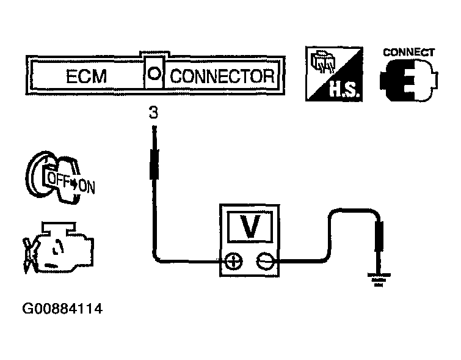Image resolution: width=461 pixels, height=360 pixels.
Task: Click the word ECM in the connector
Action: pyautogui.click(x=86, y=77)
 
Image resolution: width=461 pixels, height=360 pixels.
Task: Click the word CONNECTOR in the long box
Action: pyautogui.click(x=222, y=77)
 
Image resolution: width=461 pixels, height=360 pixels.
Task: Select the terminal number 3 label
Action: pyautogui.click(x=153, y=113)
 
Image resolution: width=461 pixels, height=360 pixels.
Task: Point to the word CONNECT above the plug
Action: pyautogui.click(x=408, y=52)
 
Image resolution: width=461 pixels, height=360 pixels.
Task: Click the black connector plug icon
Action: pyautogui.click(x=407, y=83)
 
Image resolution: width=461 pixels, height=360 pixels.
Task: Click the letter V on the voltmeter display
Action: pyautogui.click(x=249, y=228)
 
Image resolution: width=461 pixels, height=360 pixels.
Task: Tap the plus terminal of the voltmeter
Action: pyautogui.click(x=233, y=262)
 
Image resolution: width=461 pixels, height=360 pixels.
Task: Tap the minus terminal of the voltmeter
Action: pyautogui.click(x=264, y=262)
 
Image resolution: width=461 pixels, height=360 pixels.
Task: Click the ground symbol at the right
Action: pyautogui.click(x=379, y=281)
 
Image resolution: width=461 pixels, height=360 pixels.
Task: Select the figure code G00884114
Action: pyautogui.click(x=62, y=309)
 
